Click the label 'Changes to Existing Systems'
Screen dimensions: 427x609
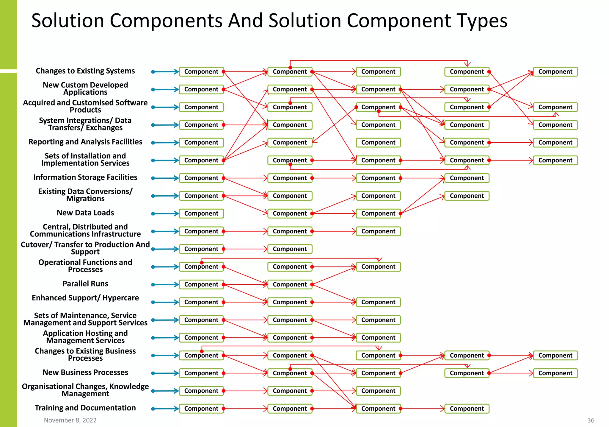(85, 71)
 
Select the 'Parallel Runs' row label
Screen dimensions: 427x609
(85, 284)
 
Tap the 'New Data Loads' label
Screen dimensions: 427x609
(85, 213)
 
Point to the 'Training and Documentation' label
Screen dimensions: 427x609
(85, 408)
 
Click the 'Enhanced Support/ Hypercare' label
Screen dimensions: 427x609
(85, 298)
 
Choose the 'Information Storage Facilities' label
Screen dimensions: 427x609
(85, 177)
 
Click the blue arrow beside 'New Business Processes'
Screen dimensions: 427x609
(165, 373)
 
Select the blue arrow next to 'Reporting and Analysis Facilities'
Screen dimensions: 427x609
(165, 143)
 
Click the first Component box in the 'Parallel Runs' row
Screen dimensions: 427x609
(201, 284)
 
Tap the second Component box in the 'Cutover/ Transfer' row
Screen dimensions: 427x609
(290, 249)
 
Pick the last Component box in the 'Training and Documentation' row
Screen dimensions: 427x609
(467, 409)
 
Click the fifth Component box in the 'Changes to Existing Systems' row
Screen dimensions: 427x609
(555, 72)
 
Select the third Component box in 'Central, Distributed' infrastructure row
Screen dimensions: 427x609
(378, 231)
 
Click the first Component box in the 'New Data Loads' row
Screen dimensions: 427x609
(201, 214)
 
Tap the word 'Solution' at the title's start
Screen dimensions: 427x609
(68, 21)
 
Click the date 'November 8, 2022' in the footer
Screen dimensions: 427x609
(70, 420)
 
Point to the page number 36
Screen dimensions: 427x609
(591, 420)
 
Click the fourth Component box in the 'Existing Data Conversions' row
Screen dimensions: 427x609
(467, 196)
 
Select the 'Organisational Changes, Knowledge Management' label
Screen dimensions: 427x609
(85, 390)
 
